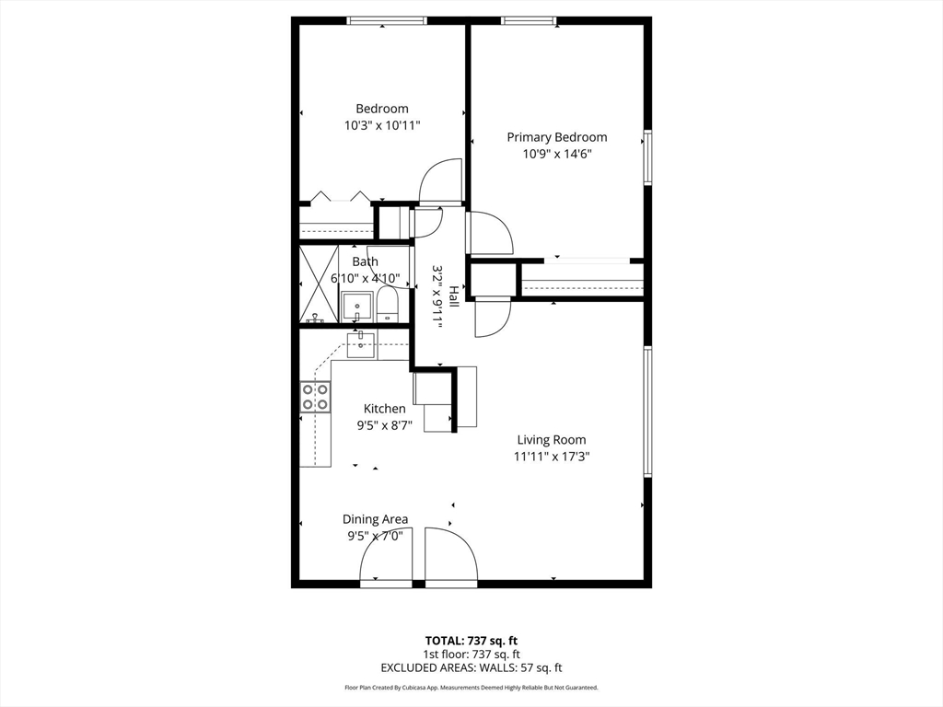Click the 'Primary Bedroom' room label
click(556, 137)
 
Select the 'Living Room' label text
click(551, 440)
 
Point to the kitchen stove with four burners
click(315, 397)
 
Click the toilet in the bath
click(386, 304)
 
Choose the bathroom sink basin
click(356, 305)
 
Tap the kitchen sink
click(361, 344)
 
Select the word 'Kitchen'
click(384, 409)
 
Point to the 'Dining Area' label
click(375, 519)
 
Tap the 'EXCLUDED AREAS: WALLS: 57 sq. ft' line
click(471, 667)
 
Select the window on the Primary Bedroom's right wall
click(647, 157)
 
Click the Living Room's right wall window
click(647, 411)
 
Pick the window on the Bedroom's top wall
click(386, 20)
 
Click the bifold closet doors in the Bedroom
click(339, 196)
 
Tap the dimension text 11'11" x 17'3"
click(551, 456)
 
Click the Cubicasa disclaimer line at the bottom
click(471, 688)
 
